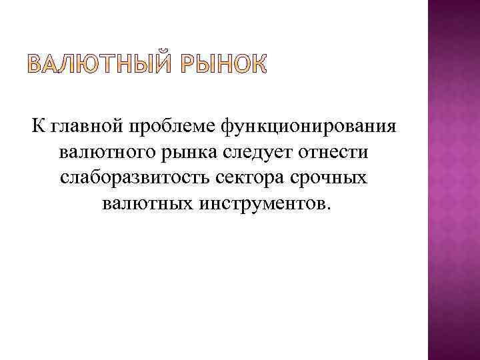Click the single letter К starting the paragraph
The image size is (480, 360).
point(35,127)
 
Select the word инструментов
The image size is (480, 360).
point(258,203)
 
